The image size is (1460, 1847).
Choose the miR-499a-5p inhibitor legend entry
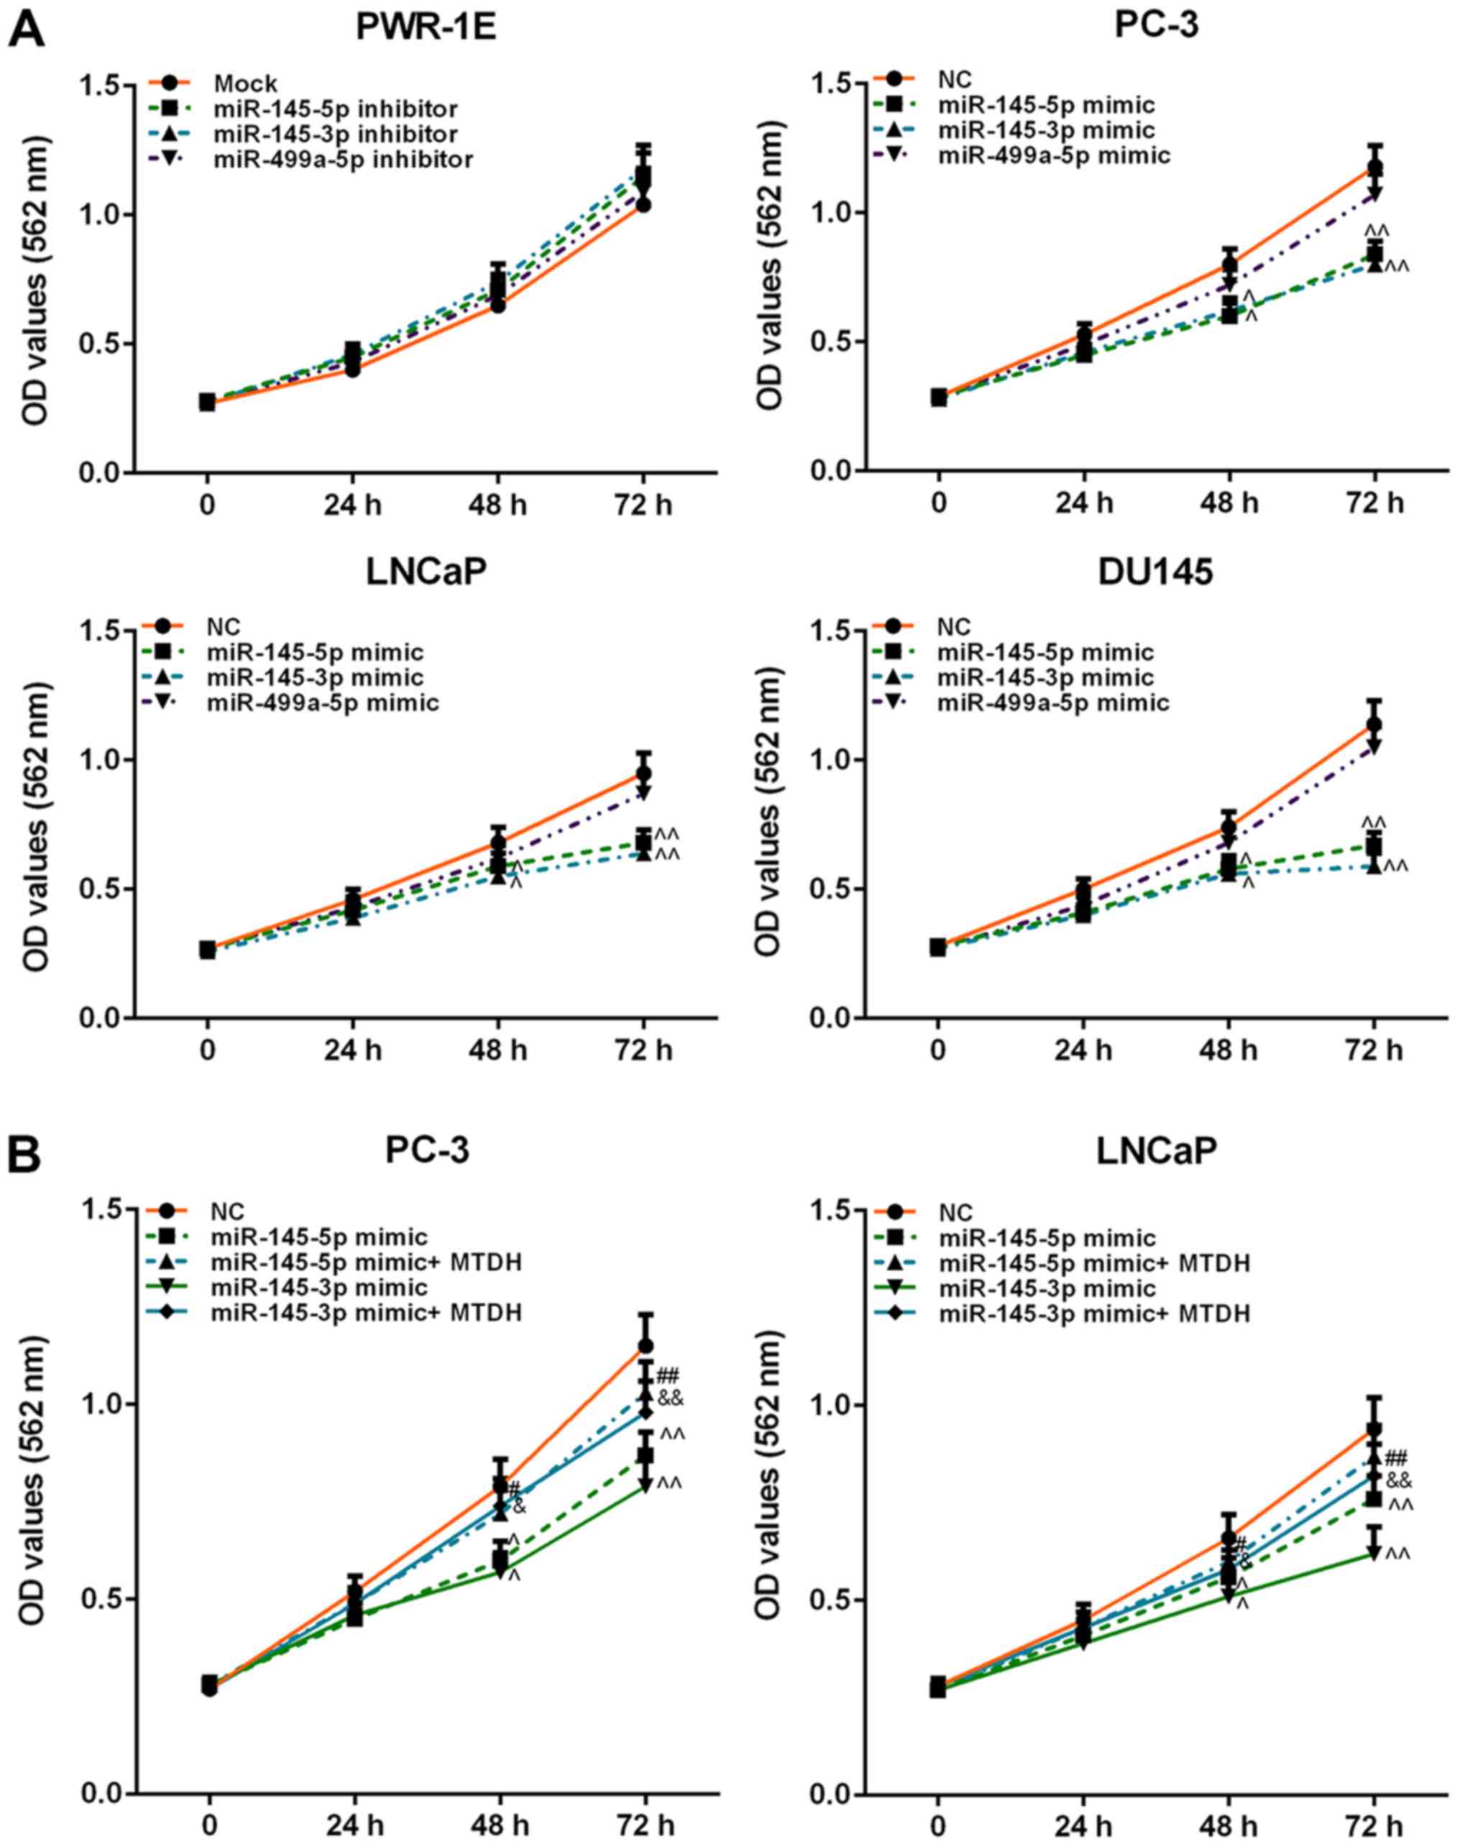[344, 159]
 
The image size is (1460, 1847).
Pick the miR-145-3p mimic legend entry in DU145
[1046, 678]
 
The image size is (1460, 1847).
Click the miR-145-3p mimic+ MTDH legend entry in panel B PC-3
[367, 1312]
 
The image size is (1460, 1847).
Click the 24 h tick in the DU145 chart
[1083, 1050]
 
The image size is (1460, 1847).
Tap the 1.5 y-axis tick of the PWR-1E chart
[103, 86]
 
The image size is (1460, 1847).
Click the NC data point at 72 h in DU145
[1374, 725]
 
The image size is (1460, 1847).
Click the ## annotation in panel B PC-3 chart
[668, 1376]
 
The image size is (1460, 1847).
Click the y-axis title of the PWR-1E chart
[35, 279]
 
